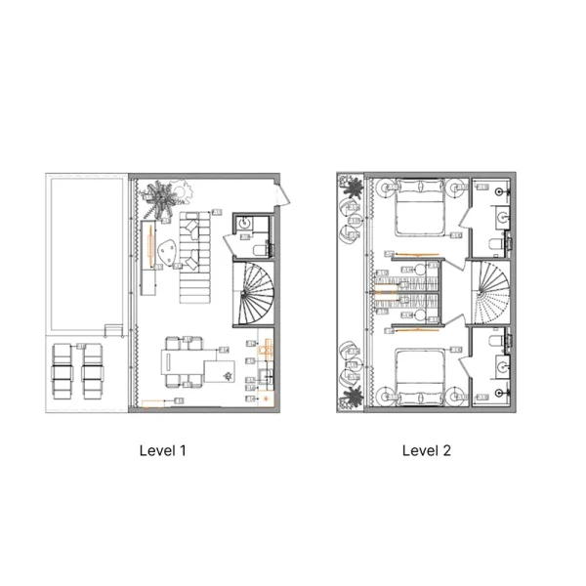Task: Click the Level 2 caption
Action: point(427,450)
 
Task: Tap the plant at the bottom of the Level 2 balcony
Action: point(351,396)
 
